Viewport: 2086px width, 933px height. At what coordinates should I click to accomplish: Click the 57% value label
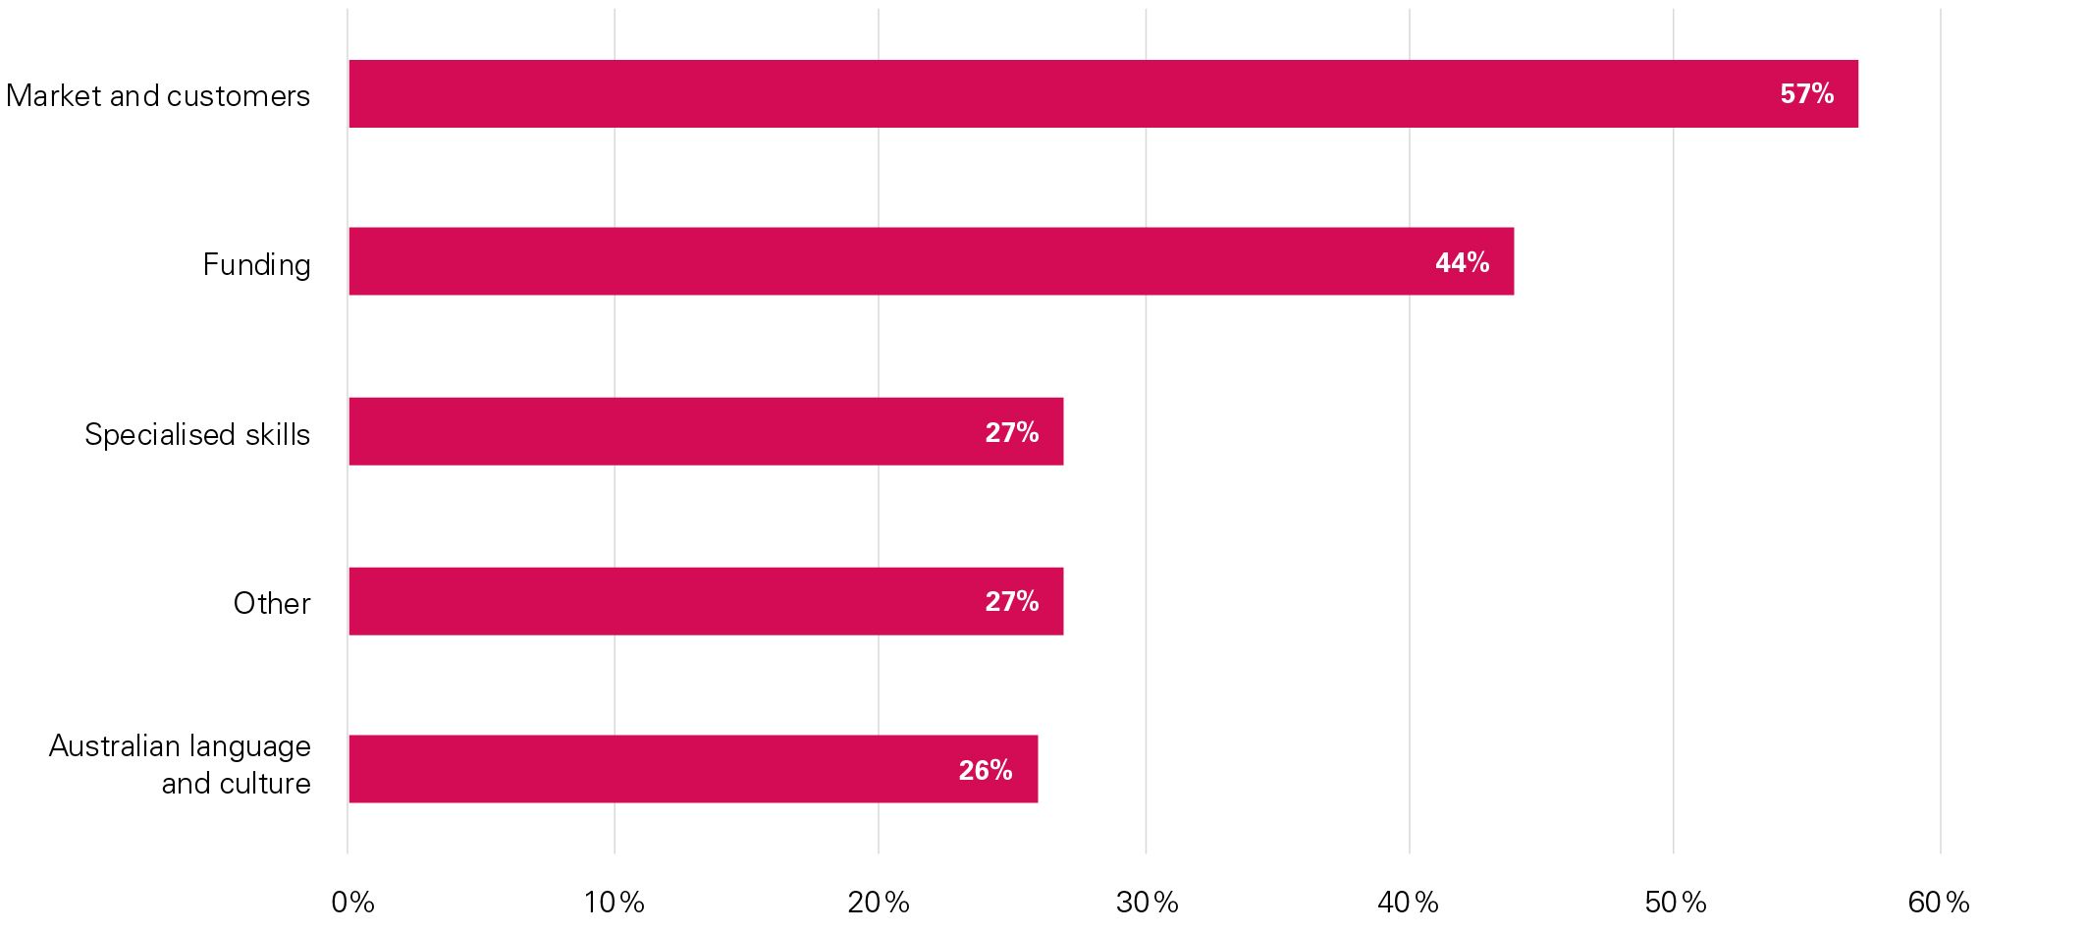pyautogui.click(x=1806, y=93)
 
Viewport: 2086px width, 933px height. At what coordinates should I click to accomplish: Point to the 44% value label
pyautogui.click(x=1462, y=262)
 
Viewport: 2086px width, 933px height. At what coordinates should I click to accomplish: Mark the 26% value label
pyautogui.click(x=985, y=770)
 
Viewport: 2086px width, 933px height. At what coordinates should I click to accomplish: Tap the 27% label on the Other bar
pyautogui.click(x=1011, y=601)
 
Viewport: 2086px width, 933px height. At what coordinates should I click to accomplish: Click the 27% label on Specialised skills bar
pyautogui.click(x=1011, y=432)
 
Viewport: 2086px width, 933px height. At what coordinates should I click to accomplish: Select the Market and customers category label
pyautogui.click(x=158, y=95)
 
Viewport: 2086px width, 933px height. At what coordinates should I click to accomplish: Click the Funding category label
pyautogui.click(x=256, y=264)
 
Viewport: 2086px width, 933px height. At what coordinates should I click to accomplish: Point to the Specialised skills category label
pyautogui.click(x=197, y=434)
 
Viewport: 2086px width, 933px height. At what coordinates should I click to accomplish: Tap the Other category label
pyautogui.click(x=272, y=603)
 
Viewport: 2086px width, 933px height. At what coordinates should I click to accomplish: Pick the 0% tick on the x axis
pyautogui.click(x=352, y=903)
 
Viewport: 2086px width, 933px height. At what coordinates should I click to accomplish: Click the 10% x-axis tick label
pyautogui.click(x=615, y=903)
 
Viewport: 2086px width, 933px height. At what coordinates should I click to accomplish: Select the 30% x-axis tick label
pyautogui.click(x=1147, y=903)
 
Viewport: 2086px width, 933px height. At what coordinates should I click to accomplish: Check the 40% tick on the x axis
pyautogui.click(x=1409, y=903)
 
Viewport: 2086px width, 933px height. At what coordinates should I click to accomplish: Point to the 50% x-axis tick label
pyautogui.click(x=1676, y=903)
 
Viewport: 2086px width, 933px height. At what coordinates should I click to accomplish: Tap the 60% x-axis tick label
pyautogui.click(x=1939, y=903)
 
